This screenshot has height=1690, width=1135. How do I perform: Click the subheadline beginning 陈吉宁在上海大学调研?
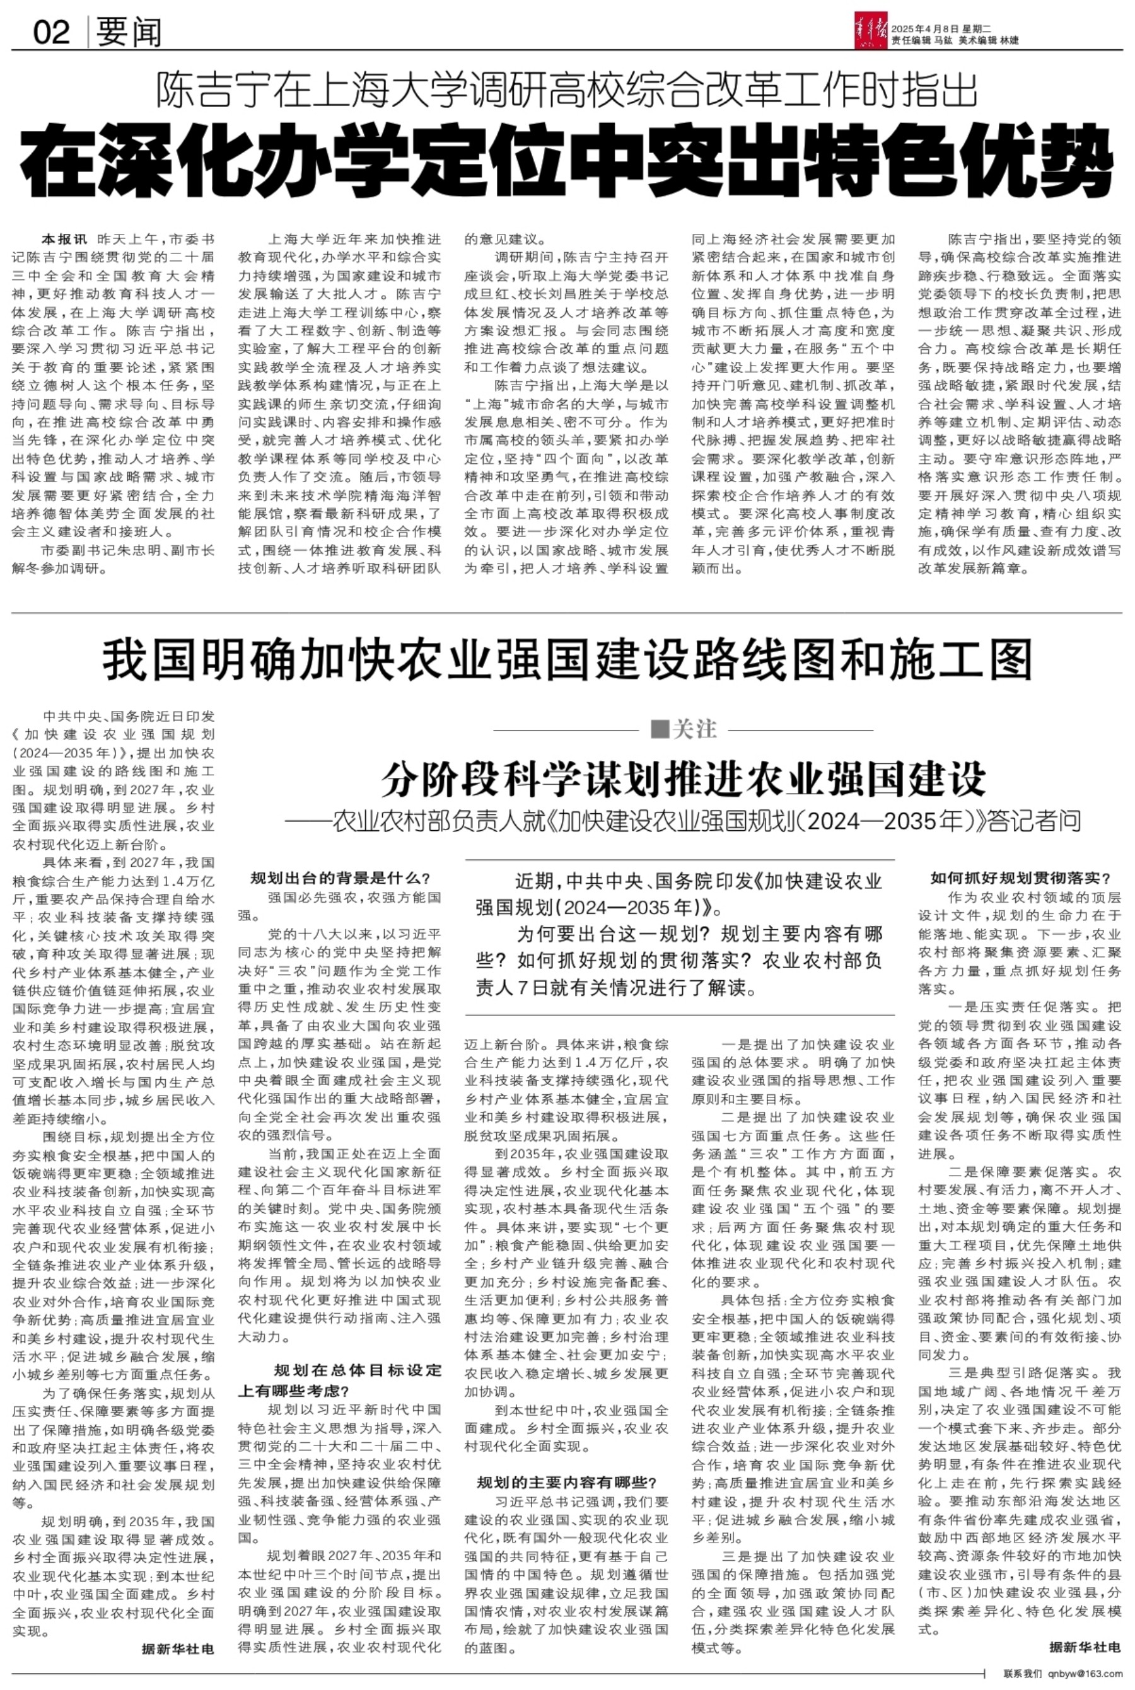567,92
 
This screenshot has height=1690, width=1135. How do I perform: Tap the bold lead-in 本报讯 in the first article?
64,239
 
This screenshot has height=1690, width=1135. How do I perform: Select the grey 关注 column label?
694,729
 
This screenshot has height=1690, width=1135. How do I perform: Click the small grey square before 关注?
659,729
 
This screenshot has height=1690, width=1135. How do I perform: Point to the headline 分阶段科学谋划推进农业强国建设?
684,778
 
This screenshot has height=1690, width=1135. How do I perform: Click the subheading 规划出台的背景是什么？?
340,878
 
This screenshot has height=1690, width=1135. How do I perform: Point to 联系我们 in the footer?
1023,1672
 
